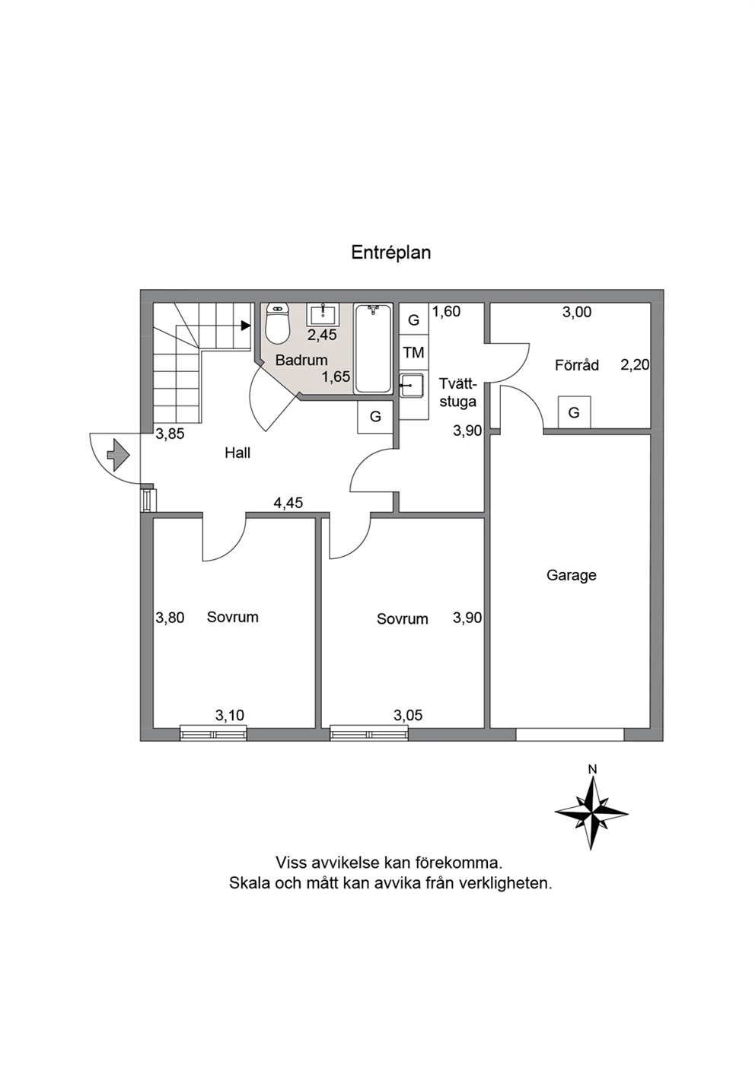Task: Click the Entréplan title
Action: [390, 253]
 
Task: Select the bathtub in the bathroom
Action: [372, 348]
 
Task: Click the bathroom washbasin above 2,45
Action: [323, 315]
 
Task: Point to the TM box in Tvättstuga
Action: [413, 352]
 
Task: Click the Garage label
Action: [571, 575]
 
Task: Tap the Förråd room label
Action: [577, 365]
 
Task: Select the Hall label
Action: [237, 453]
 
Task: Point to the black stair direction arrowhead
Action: [246, 326]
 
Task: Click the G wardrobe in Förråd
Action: [574, 412]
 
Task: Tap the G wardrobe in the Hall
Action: [375, 417]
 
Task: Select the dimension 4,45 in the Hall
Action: [288, 503]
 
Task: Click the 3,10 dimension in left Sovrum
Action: [230, 715]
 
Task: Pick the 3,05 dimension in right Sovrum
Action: [408, 715]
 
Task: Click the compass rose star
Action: [591, 813]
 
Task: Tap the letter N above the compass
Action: [592, 768]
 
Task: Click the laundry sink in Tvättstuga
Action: [412, 385]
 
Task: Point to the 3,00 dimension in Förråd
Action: [577, 312]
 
